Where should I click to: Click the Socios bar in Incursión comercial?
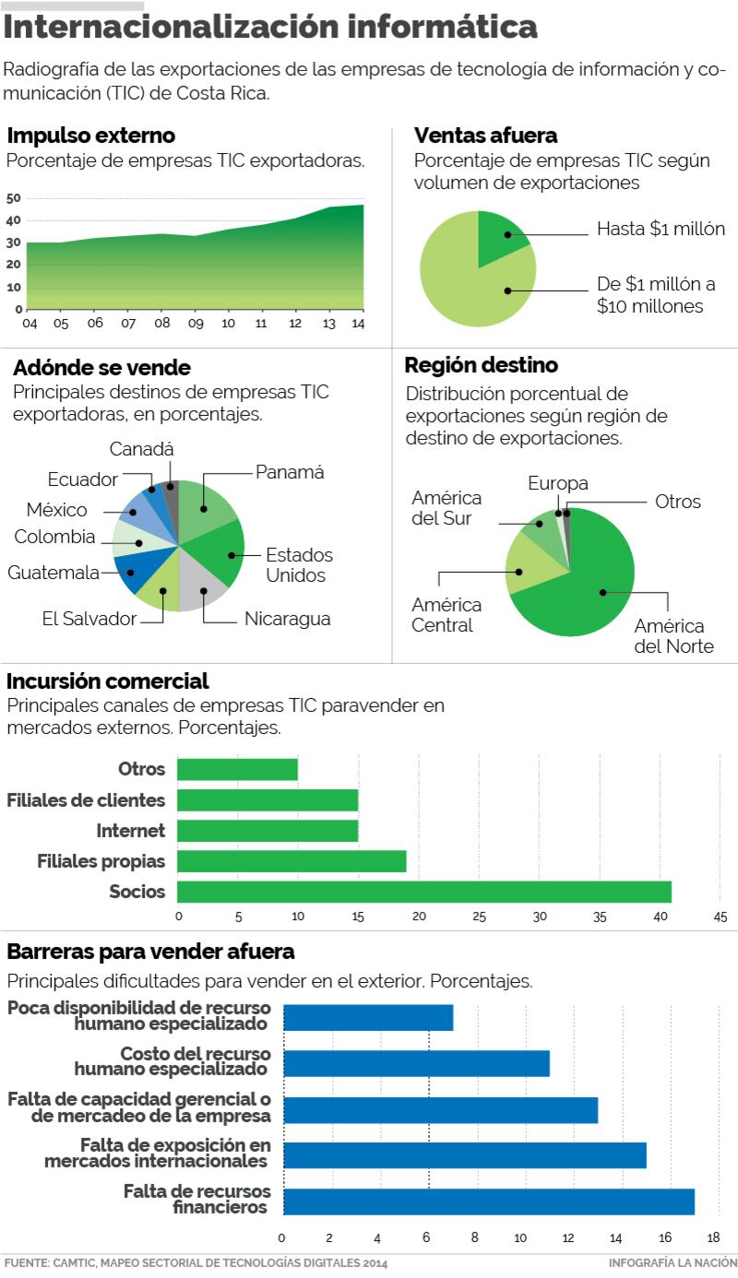423,892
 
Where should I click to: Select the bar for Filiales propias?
292,861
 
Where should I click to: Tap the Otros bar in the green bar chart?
237,769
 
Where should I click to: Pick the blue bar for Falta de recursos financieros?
488,1201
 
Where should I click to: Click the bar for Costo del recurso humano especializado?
416,1063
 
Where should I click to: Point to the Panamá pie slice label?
290,472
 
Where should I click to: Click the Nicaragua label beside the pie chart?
287,619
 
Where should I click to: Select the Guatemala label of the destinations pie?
54,573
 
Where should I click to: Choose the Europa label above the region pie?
558,484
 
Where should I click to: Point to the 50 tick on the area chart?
13,198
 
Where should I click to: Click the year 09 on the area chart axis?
195,325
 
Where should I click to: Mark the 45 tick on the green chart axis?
720,917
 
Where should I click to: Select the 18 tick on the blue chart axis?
713,1237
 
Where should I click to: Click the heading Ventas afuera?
485,136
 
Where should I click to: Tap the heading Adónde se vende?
101,368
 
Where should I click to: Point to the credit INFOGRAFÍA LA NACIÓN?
673,1262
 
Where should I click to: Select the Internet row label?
130,831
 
